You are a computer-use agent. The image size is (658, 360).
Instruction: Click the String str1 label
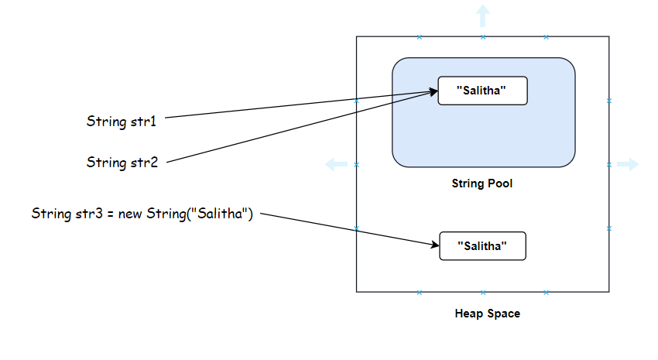pyautogui.click(x=122, y=122)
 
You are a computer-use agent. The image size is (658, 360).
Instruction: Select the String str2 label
pyautogui.click(x=122, y=163)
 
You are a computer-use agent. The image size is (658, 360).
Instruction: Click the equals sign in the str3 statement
pyautogui.click(x=112, y=213)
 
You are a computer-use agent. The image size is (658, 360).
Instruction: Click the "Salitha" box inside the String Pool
pyautogui.click(x=482, y=91)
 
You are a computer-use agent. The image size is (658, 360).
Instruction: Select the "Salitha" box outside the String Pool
pyautogui.click(x=482, y=245)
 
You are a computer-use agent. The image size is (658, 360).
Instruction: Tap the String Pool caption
pyautogui.click(x=482, y=184)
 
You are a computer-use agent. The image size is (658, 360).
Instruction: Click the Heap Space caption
pyautogui.click(x=487, y=314)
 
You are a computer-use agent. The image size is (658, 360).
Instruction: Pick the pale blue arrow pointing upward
pyautogui.click(x=482, y=15)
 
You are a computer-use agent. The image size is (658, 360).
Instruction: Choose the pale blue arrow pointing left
pyautogui.click(x=336, y=164)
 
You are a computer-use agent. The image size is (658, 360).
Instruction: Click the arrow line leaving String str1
pyautogui.click(x=294, y=105)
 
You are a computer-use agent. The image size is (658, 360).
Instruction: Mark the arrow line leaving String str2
pyautogui.click(x=294, y=129)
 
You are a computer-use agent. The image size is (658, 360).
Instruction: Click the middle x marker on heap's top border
pyautogui.click(x=482, y=36)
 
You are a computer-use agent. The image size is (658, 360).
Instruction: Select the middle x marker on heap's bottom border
pyautogui.click(x=482, y=293)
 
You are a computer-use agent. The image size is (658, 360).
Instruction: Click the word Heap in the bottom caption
pyautogui.click(x=469, y=314)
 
